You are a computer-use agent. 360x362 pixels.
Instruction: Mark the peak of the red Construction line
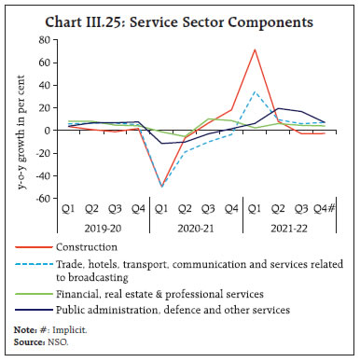tap(254, 49)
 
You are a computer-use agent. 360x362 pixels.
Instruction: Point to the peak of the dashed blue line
tap(254, 91)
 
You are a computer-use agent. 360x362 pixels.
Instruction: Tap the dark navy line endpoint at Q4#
tap(323, 121)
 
